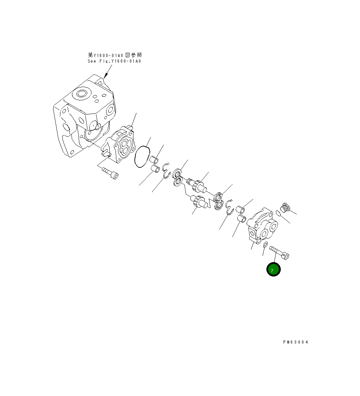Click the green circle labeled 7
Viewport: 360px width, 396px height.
click(x=273, y=269)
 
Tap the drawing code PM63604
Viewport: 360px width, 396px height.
click(x=295, y=342)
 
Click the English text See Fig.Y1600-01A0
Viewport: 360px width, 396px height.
click(x=114, y=61)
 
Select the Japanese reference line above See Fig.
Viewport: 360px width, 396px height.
click(x=115, y=55)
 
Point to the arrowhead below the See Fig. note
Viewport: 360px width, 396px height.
click(x=106, y=75)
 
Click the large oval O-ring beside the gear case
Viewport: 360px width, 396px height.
click(x=142, y=156)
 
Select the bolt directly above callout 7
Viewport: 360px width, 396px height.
click(x=279, y=253)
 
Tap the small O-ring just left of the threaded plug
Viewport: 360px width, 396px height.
click(x=278, y=214)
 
